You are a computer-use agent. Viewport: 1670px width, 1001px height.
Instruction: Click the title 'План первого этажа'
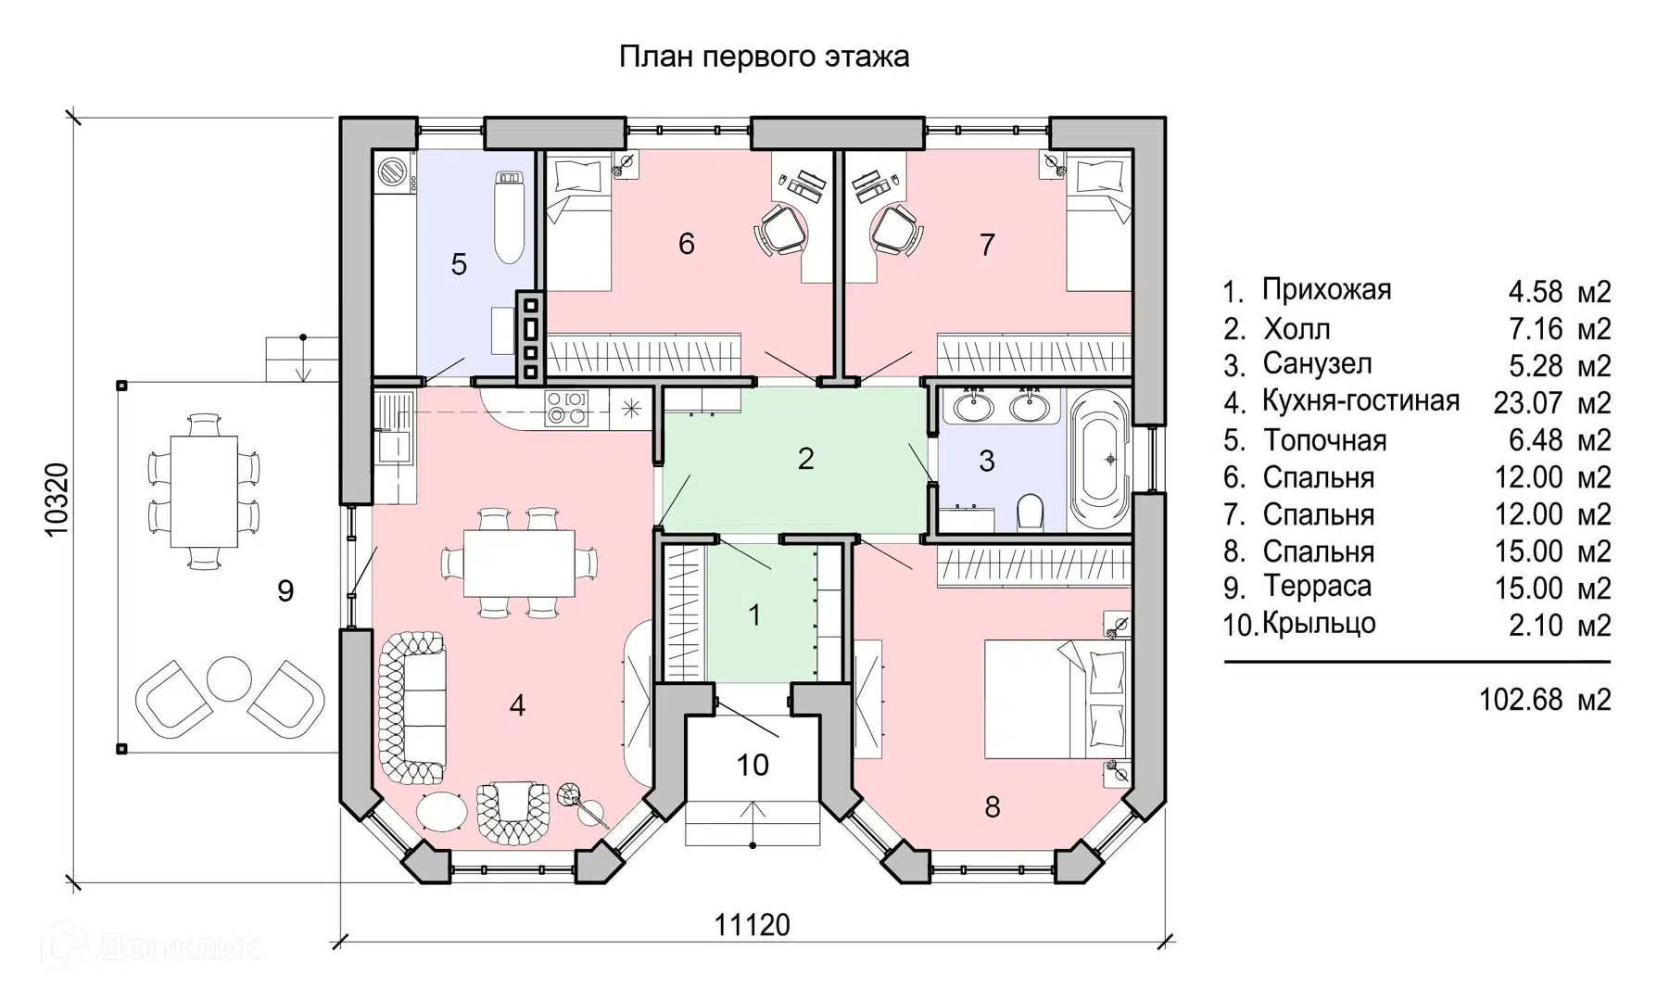tap(764, 57)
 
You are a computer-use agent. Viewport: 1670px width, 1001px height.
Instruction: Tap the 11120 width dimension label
tap(752, 924)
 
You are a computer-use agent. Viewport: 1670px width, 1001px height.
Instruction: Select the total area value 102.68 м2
tap(1545, 699)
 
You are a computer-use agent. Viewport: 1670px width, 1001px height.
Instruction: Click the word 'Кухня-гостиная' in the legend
tap(1360, 401)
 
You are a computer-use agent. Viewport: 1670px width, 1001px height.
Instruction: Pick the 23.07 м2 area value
tap(1551, 403)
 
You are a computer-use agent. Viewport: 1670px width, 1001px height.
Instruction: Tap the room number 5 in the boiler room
tap(459, 265)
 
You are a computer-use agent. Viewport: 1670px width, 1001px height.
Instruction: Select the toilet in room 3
tap(1030, 511)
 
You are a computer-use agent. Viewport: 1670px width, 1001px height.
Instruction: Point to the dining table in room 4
tap(519, 563)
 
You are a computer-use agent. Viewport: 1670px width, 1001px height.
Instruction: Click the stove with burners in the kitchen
tap(566, 409)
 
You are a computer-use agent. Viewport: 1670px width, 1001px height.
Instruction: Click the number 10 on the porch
tap(753, 766)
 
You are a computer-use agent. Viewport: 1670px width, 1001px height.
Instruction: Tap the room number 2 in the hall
tap(805, 459)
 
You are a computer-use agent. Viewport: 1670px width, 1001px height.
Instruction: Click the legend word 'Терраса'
tap(1316, 587)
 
